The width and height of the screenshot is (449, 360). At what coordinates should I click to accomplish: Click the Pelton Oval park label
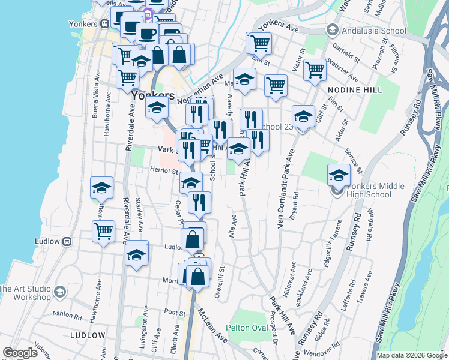(247, 328)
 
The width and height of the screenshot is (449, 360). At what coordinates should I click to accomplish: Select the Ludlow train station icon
(67, 241)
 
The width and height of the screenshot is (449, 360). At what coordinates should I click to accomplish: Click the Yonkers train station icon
(104, 24)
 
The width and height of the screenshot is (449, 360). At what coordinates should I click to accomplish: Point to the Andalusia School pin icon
(332, 29)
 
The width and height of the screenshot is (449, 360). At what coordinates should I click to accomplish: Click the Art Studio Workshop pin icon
(59, 293)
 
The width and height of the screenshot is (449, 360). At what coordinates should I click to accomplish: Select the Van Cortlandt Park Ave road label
(279, 187)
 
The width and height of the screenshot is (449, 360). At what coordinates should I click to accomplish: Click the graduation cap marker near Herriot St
(191, 182)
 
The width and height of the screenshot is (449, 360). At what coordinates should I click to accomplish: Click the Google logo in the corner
(20, 352)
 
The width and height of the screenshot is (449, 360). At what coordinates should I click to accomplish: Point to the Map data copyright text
(411, 355)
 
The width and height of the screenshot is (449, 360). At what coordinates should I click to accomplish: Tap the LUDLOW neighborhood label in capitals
(88, 335)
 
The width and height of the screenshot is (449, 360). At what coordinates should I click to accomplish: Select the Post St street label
(175, 313)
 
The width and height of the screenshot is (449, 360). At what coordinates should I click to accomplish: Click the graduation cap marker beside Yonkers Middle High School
(339, 175)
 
